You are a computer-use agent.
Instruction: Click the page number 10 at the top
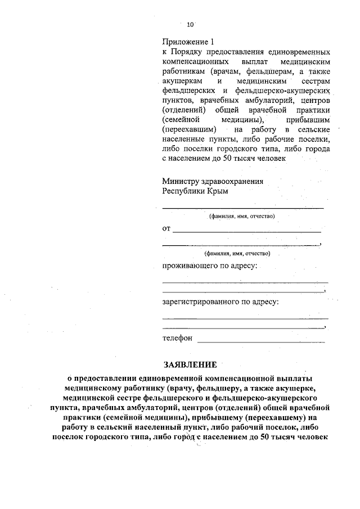coord(190,24)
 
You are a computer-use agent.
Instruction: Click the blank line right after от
coord(247,231)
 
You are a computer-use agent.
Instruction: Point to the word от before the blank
coord(166,229)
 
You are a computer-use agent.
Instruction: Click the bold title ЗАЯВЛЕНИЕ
coord(189,364)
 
